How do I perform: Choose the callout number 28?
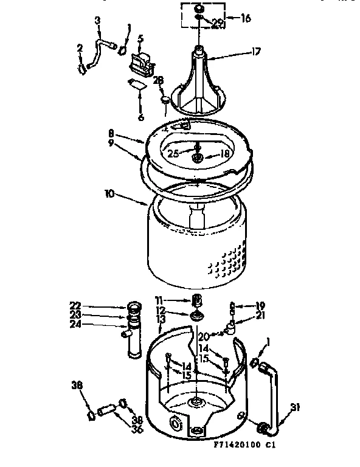(158, 80)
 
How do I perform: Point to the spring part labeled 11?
(196, 300)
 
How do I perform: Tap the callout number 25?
(173, 154)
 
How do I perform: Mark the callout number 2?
(80, 48)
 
